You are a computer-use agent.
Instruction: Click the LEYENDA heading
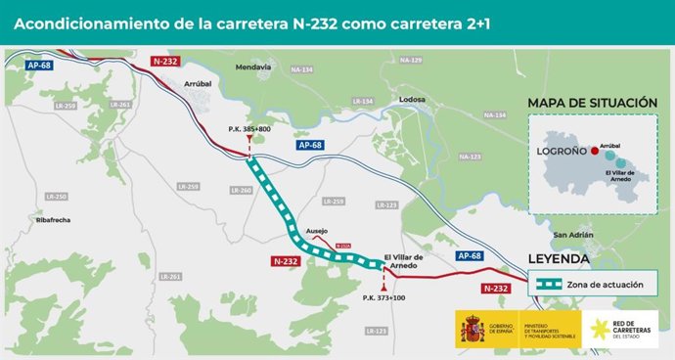click(559, 259)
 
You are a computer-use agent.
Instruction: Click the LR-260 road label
click(245, 190)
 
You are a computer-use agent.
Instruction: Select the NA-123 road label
click(470, 157)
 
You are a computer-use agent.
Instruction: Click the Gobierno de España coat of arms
click(472, 330)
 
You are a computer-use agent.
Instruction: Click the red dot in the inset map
click(594, 152)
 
